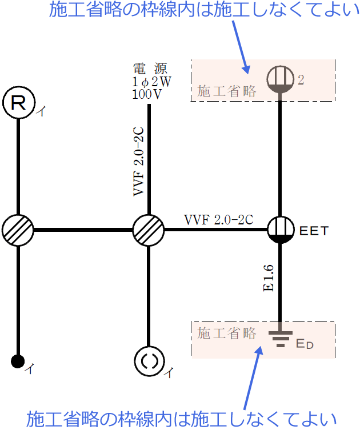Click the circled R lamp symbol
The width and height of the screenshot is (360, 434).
pyautogui.click(x=18, y=103)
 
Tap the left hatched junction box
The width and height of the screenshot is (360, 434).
pyautogui.click(x=18, y=231)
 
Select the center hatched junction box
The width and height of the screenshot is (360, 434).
pyautogui.click(x=149, y=231)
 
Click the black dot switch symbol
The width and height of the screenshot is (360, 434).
pyautogui.click(x=18, y=361)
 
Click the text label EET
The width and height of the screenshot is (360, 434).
pyautogui.click(x=314, y=231)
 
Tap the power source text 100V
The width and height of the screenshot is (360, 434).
pyautogui.click(x=147, y=94)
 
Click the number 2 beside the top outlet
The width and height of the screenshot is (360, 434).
pyautogui.click(x=301, y=80)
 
